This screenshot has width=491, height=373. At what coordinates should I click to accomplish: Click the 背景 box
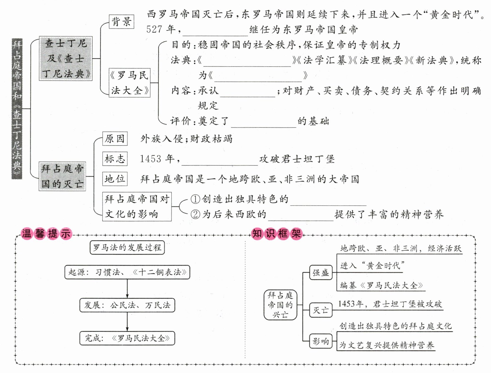tap(122, 22)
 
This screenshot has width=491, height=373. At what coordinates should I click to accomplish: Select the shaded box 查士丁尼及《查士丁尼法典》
tap(66, 58)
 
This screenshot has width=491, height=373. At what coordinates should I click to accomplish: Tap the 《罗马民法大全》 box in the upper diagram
tap(129, 83)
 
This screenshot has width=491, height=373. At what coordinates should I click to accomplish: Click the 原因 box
tap(115, 138)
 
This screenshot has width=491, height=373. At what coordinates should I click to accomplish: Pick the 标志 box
tap(115, 159)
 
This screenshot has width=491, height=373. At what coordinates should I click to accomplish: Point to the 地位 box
tap(115, 179)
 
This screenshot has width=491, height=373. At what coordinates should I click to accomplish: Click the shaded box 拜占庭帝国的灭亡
tap(62, 176)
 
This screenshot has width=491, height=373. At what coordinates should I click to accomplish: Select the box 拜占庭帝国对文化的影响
tap(137, 206)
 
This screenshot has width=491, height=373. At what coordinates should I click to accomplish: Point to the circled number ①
tap(195, 199)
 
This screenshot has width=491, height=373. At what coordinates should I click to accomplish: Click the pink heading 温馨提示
tap(46, 234)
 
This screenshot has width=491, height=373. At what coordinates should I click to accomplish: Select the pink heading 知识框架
tap(277, 234)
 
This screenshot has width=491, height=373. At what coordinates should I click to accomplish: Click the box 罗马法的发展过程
tap(127, 247)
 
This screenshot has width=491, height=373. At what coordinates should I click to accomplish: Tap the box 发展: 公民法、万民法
tap(127, 305)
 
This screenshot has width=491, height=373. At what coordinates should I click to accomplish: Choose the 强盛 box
tap(321, 273)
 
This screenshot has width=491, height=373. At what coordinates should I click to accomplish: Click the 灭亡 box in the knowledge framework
tap(321, 310)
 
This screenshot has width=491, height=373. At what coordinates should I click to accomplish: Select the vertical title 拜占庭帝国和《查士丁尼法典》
tap(17, 109)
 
